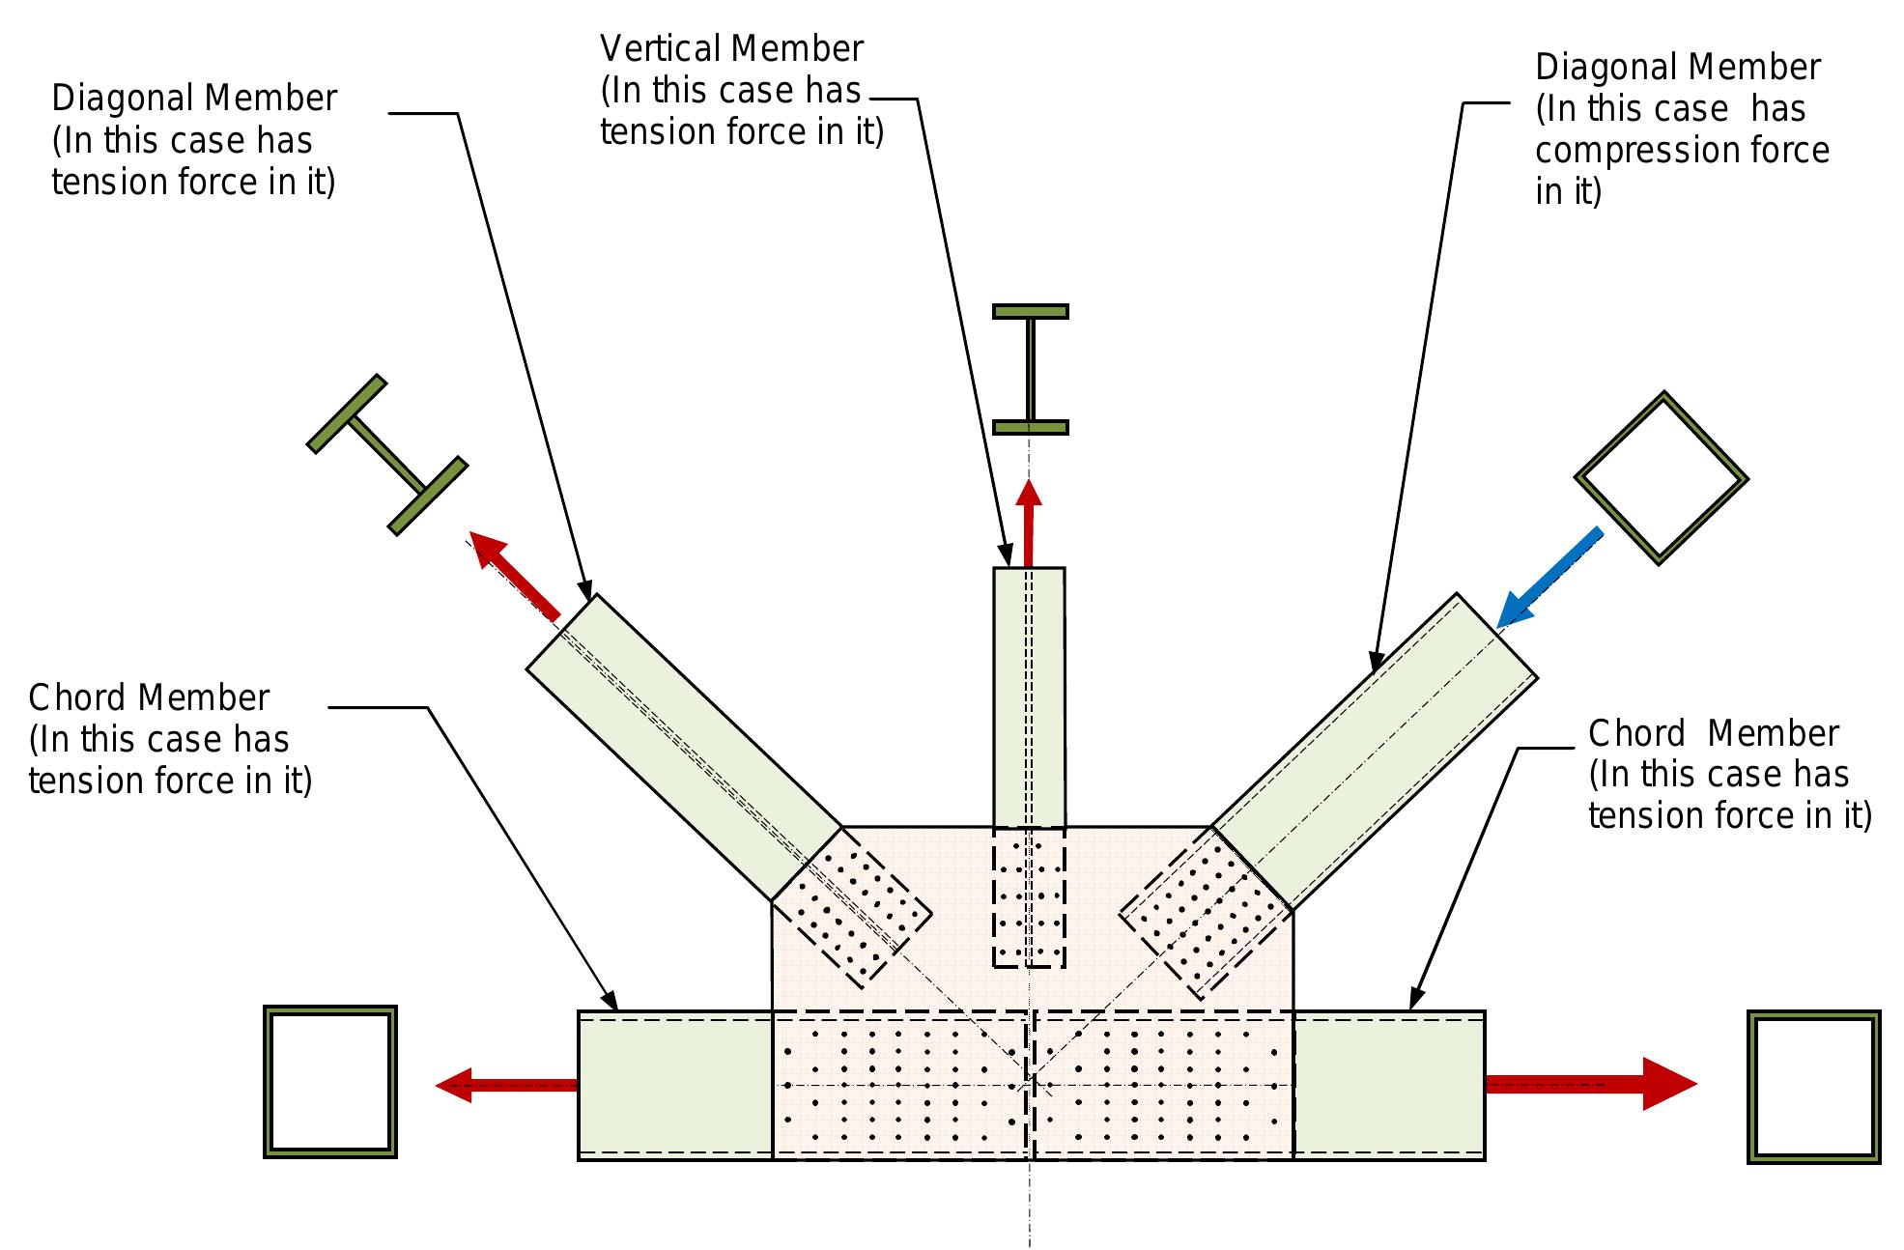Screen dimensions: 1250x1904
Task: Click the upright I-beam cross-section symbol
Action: coord(1030,369)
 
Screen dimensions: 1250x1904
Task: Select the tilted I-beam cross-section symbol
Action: coord(387,454)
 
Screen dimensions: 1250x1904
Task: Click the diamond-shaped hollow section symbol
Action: coord(1661,477)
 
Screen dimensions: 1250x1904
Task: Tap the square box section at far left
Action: coord(330,1081)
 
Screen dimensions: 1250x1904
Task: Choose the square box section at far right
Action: coord(1813,1087)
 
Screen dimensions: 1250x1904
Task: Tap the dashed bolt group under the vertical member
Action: coord(1029,896)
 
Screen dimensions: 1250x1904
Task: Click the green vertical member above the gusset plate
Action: coord(1029,696)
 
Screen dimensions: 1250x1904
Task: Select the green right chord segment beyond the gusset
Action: coord(1387,1084)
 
